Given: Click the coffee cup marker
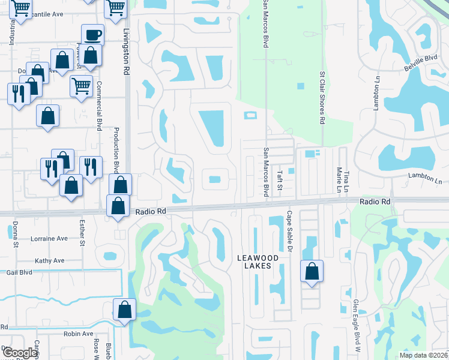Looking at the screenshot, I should pos(92,35).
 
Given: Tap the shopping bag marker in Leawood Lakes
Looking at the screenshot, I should pos(312,271).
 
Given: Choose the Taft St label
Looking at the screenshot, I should pos(279,179).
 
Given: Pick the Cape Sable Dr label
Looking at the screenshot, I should pos(289,231).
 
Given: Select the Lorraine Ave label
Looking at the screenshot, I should pos(50,238).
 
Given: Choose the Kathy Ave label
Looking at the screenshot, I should pos(49,261).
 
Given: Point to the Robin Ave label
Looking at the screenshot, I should pos(78,334).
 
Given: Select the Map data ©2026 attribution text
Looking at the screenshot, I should pos(423,355).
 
